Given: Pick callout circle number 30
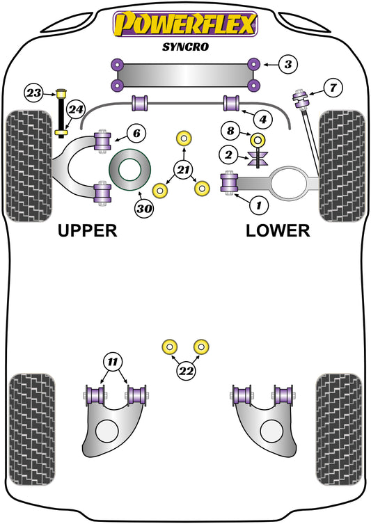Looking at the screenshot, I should [144, 207].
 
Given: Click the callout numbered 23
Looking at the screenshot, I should [33, 92].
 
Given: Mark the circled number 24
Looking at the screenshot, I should [75, 109].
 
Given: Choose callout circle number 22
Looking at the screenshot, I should [184, 372].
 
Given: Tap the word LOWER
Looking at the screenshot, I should [277, 231].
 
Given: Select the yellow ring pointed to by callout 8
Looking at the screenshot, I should [258, 139].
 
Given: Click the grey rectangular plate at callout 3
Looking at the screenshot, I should [184, 74].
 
